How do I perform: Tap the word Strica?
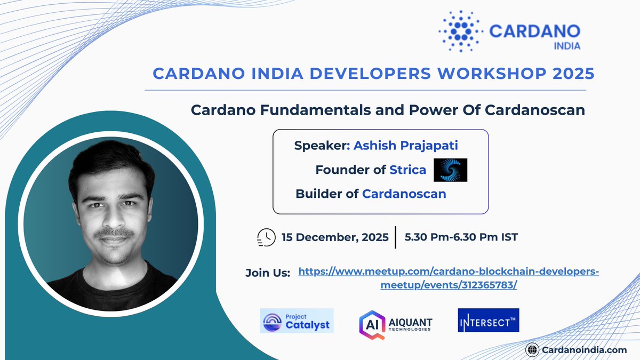coord(408,170)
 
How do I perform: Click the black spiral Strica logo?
coord(450,170)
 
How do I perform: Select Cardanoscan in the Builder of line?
coord(404,194)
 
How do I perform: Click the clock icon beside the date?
coord(266,237)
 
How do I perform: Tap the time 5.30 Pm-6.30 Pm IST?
coord(461,237)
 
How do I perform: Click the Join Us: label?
coord(267,273)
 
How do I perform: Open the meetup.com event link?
coord(449,278)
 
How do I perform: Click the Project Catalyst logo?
coord(297,321)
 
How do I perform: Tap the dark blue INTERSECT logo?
coord(489,320)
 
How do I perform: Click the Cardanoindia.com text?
coord(583,349)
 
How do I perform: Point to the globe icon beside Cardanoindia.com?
coord(531,349)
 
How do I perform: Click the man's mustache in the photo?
coord(114,233)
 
